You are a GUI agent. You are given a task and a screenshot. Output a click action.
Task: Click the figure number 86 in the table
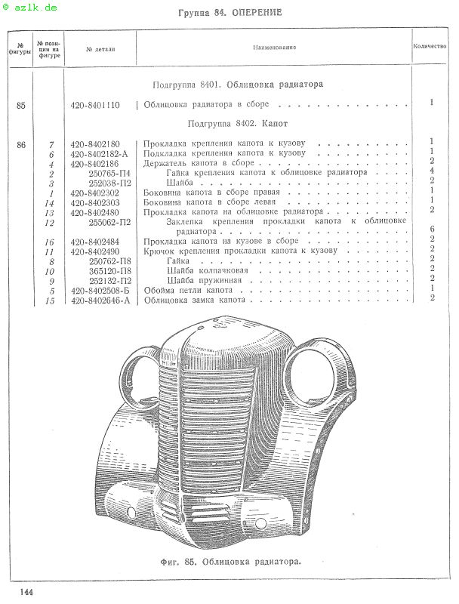[x=20, y=143]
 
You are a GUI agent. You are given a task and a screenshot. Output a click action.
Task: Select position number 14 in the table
[x=51, y=203]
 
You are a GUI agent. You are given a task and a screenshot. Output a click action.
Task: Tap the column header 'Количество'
[x=430, y=46]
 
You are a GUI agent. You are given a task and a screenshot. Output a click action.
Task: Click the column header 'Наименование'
[x=274, y=48]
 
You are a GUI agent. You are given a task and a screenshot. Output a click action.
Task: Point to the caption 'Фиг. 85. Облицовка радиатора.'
[x=230, y=562]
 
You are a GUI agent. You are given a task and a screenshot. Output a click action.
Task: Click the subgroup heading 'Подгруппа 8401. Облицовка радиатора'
[x=238, y=85]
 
